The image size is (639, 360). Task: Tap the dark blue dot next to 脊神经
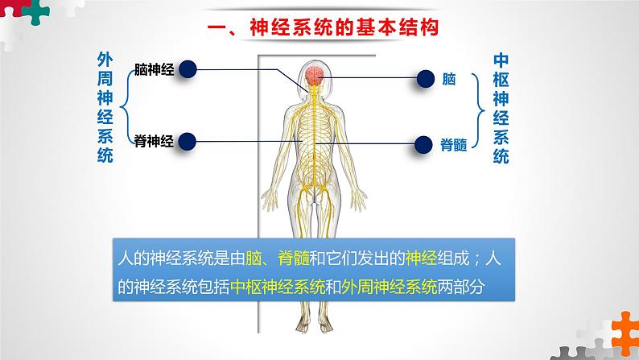[x=188, y=142]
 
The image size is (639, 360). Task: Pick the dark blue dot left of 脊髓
[x=424, y=145]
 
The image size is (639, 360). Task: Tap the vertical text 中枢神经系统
[x=500, y=108]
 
